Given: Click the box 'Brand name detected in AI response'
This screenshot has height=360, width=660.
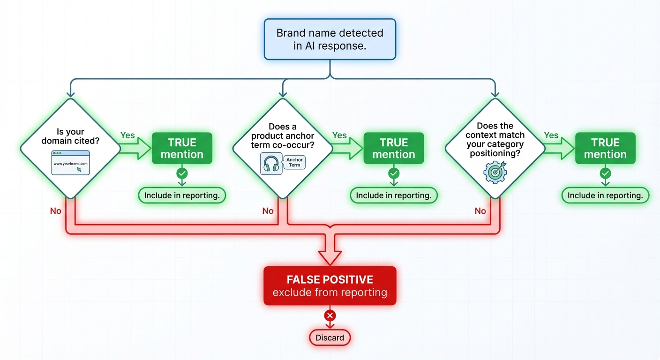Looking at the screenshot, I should point(330,39).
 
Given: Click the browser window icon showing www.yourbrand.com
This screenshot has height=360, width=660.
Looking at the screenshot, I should point(70,163).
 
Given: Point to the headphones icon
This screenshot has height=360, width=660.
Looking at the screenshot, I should point(271,165).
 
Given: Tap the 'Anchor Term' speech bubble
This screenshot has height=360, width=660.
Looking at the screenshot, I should point(294,162).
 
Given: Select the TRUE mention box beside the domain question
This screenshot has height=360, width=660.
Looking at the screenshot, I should point(182,148).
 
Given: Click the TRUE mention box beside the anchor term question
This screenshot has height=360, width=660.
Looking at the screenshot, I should point(394,148).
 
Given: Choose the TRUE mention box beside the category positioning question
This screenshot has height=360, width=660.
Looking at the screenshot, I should point(605,148).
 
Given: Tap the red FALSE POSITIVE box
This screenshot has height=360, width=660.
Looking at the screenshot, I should point(330,286).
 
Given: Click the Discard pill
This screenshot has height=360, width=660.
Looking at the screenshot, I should point(330,337).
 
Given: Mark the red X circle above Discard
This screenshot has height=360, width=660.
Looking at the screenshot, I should point(330,315).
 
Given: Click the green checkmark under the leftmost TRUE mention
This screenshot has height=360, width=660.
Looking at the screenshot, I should point(182,174).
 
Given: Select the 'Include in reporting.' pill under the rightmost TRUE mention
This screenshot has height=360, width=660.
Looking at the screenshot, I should point(605,195).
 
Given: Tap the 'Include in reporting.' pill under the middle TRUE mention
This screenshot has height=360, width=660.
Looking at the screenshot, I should point(394,195).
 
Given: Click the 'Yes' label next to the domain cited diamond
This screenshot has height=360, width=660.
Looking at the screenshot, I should point(127,135).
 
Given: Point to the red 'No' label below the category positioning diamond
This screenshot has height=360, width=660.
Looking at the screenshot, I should point(480,211).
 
